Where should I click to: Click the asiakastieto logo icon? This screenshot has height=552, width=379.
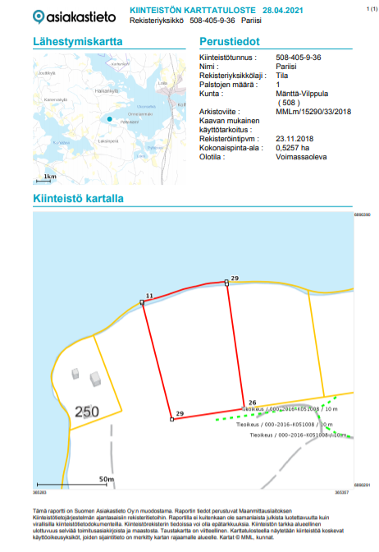coord(39,16)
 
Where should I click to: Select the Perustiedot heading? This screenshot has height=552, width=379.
coord(230,41)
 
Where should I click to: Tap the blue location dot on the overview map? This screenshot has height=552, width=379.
coord(108,119)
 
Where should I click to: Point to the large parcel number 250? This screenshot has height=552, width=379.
coord(88,412)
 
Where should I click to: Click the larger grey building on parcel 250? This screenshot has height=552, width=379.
coord(95,379)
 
